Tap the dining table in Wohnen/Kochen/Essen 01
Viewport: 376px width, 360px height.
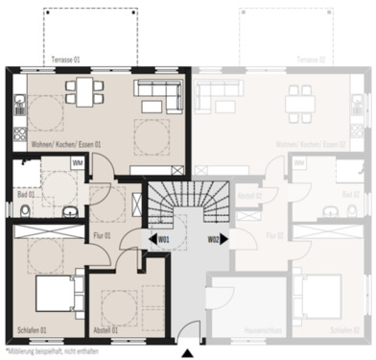coord(83,93)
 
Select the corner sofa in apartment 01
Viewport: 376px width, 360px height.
coord(159,94)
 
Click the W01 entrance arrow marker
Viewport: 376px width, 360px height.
coord(159,238)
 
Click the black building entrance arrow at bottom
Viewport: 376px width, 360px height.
coord(187,354)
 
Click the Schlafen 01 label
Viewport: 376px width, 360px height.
coord(31,331)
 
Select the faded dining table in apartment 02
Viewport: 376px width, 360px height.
coord(299,96)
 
